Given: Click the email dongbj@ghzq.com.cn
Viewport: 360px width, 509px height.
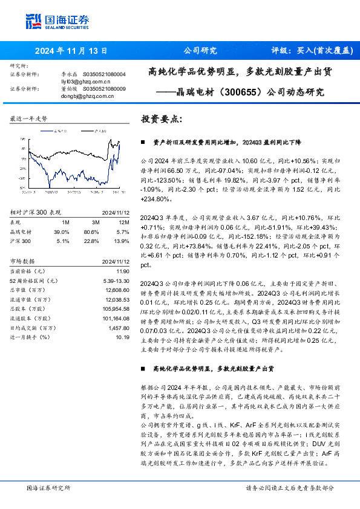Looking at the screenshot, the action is (67, 95).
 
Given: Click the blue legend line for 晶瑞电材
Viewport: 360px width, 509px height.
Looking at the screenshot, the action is (42, 131).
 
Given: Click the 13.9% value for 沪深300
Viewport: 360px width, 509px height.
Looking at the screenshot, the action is (122, 240).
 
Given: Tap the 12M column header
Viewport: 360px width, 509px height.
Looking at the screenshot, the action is (121, 222).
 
